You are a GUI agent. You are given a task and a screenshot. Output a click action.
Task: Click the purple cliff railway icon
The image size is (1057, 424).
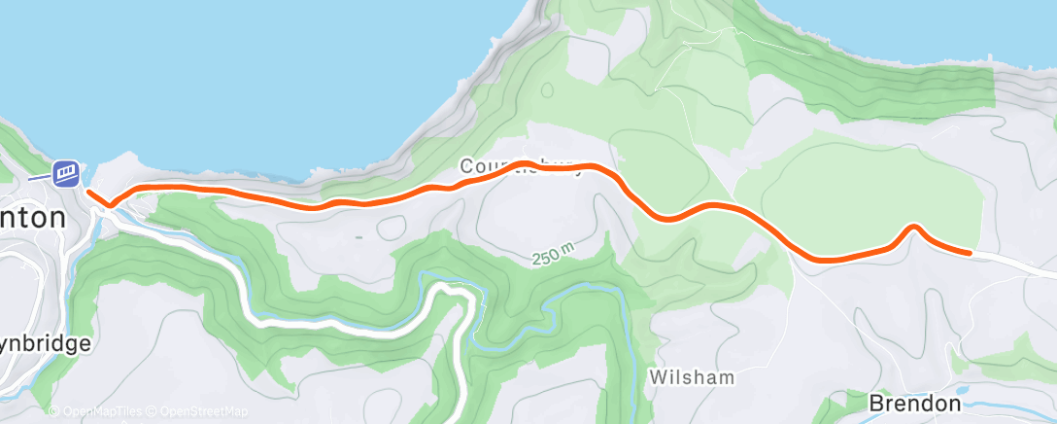66,172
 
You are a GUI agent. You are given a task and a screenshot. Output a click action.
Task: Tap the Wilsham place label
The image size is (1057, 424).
693,377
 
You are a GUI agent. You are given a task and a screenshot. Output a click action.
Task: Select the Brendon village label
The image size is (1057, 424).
914,403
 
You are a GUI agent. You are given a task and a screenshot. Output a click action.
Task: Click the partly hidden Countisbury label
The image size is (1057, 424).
522,167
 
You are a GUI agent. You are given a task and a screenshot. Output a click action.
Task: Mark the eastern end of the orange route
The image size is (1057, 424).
969,252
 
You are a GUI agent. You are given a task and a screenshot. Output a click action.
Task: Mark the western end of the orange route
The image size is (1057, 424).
89,192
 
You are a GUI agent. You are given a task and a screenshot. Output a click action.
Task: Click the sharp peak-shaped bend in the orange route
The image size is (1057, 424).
913,228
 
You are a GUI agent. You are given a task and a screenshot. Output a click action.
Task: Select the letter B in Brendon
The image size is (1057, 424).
875,403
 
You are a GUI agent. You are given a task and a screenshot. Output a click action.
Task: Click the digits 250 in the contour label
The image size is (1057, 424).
545,260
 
